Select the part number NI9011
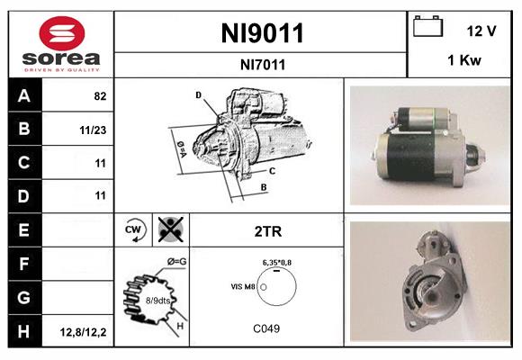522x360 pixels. pyautogui.click(x=262, y=33)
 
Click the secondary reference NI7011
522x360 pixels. pyautogui.click(x=262, y=65)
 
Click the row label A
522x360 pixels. pyautogui.click(x=24, y=95)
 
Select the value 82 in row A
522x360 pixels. pyautogui.click(x=98, y=95)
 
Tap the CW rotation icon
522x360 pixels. pyautogui.click(x=132, y=229)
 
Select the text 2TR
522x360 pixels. pyautogui.click(x=266, y=229)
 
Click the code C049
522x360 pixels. pyautogui.click(x=266, y=328)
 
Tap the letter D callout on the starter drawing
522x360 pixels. pyautogui.click(x=198, y=94)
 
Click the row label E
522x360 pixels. pyautogui.click(x=24, y=229)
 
